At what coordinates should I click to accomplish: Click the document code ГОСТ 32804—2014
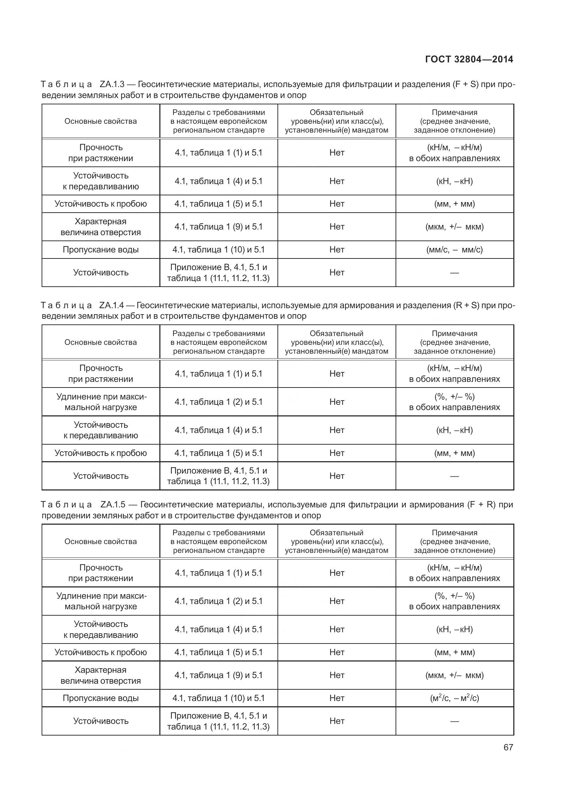(x=469, y=59)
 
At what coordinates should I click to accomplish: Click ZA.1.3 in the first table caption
(x=112, y=84)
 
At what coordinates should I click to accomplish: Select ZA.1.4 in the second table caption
(x=112, y=305)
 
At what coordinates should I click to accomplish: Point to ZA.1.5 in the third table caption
(x=112, y=505)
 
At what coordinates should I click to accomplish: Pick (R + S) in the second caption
(x=466, y=305)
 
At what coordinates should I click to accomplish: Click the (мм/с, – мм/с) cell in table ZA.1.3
(x=454, y=250)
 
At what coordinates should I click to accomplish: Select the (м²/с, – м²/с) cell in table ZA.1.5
(x=454, y=698)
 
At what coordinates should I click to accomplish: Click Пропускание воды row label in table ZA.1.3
(x=100, y=250)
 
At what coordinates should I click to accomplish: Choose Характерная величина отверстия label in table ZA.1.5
(x=100, y=675)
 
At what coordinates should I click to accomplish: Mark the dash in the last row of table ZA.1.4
(x=454, y=476)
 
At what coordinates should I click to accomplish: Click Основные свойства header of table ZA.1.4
(x=100, y=342)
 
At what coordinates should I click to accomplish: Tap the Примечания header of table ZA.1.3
(x=454, y=121)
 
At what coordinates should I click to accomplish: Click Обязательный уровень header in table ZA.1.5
(x=336, y=542)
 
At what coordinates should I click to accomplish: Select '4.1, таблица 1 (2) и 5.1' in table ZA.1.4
(x=219, y=402)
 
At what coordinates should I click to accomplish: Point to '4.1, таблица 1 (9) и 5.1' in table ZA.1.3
(x=219, y=227)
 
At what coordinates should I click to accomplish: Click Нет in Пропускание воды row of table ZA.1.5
(x=337, y=698)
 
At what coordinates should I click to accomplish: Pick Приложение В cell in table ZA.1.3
(x=219, y=273)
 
